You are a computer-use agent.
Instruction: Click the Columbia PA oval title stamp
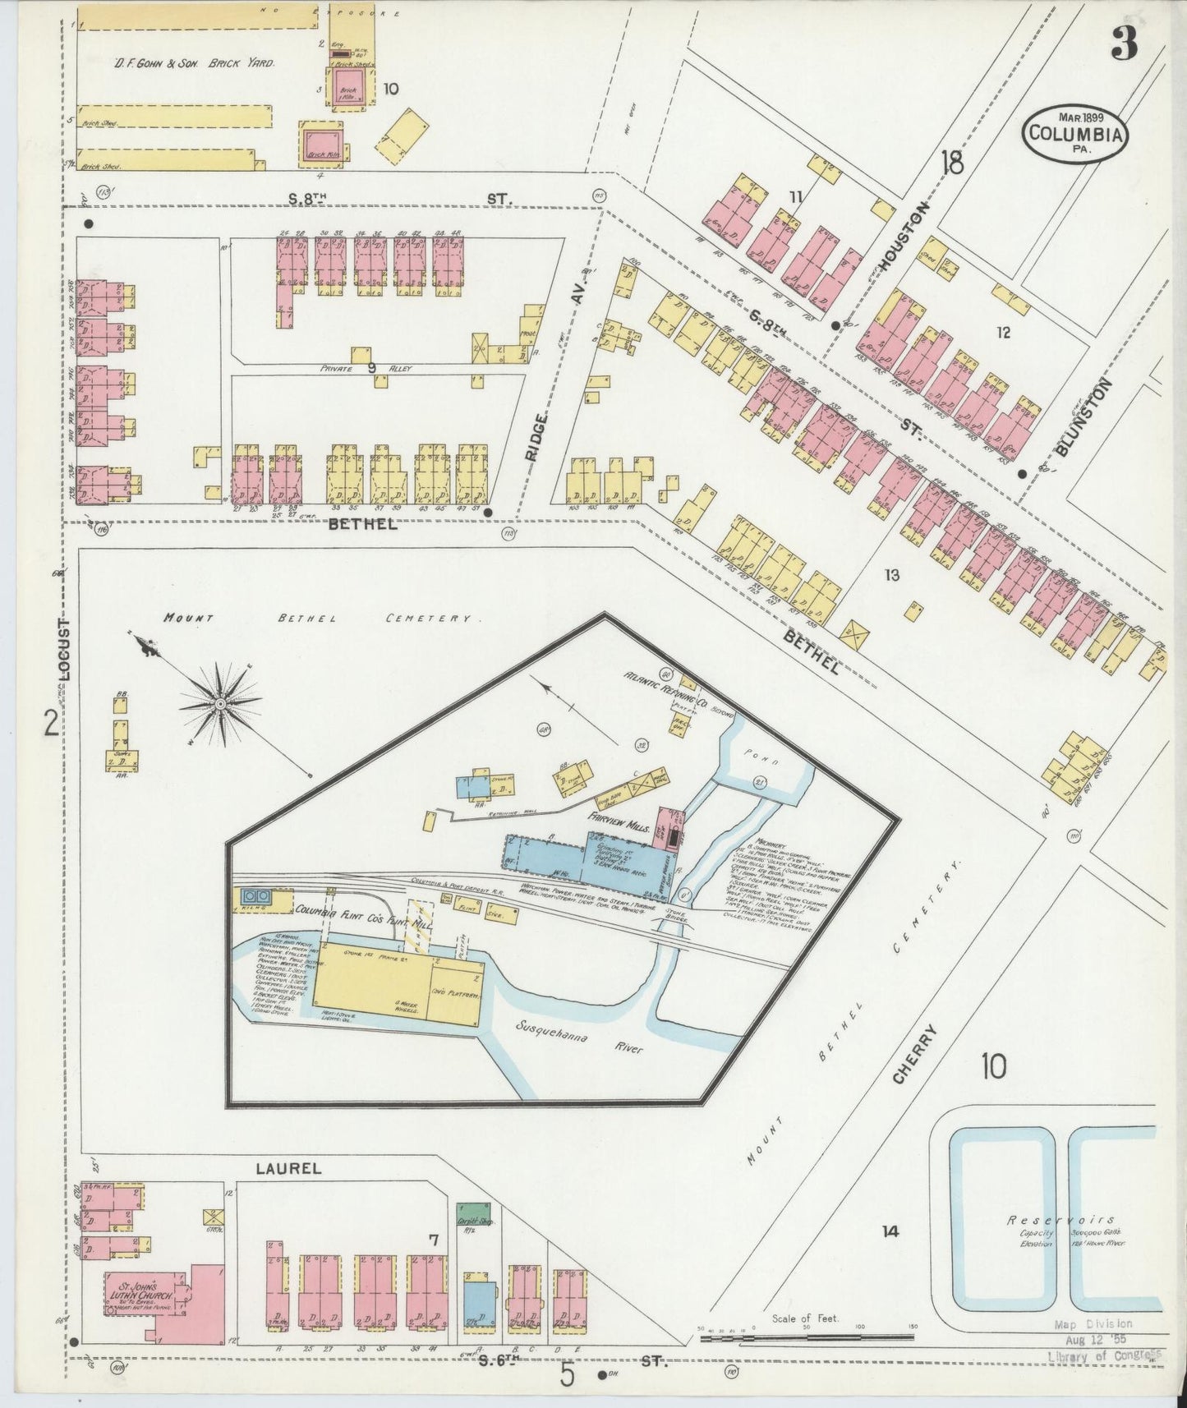[x=1074, y=132]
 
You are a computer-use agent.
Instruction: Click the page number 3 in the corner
[x=1125, y=46]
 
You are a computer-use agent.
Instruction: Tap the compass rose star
[x=220, y=703]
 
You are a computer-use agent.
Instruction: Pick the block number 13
[x=891, y=575]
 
